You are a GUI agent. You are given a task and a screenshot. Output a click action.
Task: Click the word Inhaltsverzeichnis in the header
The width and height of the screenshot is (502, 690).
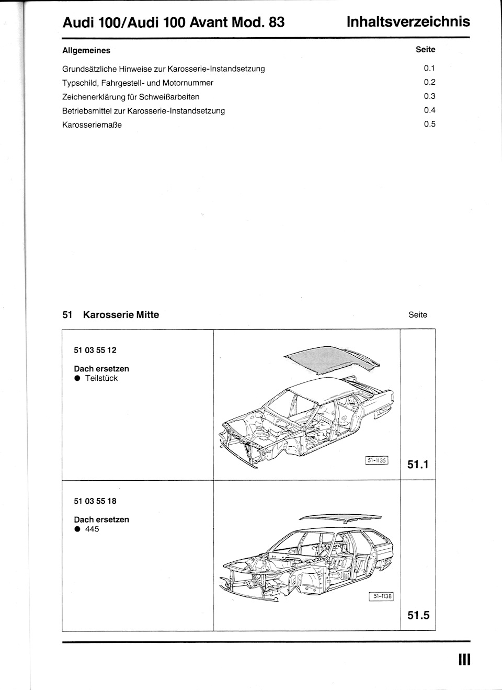(x=408, y=22)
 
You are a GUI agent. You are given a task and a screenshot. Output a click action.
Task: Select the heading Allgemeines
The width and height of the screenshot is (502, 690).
(x=86, y=51)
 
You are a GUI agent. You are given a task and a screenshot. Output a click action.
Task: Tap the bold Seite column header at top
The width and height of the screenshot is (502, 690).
(x=425, y=50)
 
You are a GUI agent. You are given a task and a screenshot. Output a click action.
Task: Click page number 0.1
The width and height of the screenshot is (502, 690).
(x=429, y=68)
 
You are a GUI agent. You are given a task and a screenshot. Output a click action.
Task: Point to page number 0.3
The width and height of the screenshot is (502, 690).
(x=429, y=96)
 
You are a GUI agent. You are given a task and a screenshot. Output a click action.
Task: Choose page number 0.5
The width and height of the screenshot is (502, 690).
(x=429, y=125)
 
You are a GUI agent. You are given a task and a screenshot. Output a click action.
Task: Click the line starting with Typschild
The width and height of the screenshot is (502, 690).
(x=138, y=83)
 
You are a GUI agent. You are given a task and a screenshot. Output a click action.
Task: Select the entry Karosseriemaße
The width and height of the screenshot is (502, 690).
(x=92, y=125)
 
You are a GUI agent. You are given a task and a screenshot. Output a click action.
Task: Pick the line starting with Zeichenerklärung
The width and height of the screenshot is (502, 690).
(x=131, y=97)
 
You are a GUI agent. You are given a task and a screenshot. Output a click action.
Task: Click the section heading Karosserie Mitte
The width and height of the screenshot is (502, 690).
(x=121, y=315)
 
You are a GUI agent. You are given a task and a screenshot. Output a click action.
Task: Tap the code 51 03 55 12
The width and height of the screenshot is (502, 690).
(x=95, y=350)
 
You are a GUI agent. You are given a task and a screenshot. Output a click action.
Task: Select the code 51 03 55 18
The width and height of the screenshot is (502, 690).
(x=95, y=501)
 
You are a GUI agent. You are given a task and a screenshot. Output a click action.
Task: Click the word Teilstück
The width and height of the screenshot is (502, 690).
(x=101, y=378)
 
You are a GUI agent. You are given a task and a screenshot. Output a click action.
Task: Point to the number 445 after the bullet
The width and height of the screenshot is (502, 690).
(x=92, y=529)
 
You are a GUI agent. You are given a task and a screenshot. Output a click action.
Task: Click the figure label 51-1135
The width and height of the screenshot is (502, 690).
(x=376, y=460)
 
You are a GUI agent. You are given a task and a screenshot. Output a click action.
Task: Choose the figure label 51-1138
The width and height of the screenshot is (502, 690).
(x=381, y=596)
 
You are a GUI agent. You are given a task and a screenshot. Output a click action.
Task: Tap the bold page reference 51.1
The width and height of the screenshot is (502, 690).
(x=418, y=464)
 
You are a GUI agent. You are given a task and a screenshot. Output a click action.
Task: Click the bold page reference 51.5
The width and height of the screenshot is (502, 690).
(x=418, y=615)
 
